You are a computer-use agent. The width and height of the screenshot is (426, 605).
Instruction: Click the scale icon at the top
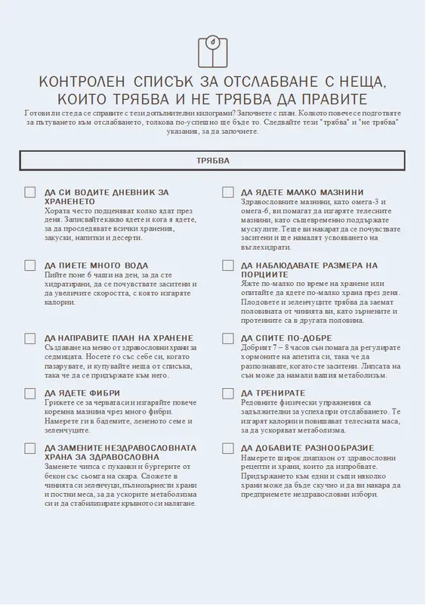click(x=212, y=51)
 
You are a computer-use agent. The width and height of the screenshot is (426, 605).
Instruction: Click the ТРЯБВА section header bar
click(x=212, y=161)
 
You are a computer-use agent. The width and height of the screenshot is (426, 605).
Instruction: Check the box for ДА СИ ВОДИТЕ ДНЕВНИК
click(x=30, y=193)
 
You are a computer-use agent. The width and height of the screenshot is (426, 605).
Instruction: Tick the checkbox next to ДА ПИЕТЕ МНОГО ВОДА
click(x=30, y=265)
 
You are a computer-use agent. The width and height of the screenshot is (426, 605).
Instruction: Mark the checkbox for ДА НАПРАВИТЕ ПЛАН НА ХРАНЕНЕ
click(x=30, y=338)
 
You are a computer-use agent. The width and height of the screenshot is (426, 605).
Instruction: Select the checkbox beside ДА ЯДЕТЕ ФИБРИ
click(x=30, y=393)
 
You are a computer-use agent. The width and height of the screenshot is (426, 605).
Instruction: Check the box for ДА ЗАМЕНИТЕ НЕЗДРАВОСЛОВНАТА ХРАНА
click(x=30, y=448)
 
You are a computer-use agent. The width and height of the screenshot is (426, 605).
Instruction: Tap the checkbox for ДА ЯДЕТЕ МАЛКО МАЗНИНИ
click(x=227, y=193)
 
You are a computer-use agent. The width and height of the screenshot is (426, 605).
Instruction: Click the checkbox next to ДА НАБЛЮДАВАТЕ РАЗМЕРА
click(x=227, y=265)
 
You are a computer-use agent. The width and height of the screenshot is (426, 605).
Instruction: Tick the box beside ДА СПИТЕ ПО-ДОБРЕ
click(x=227, y=338)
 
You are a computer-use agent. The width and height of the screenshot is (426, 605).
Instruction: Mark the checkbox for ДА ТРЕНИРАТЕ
click(x=227, y=393)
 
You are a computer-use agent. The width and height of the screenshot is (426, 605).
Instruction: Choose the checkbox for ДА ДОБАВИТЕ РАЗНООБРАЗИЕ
click(x=227, y=448)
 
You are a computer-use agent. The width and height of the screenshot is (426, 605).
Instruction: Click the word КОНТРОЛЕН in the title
click(x=82, y=82)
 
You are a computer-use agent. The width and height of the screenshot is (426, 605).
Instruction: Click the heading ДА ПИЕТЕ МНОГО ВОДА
click(x=97, y=266)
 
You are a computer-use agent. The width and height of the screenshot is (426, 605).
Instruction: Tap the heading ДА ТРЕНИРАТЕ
click(x=273, y=393)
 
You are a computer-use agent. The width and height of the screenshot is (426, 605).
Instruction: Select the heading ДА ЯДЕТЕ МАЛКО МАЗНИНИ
click(x=302, y=193)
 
